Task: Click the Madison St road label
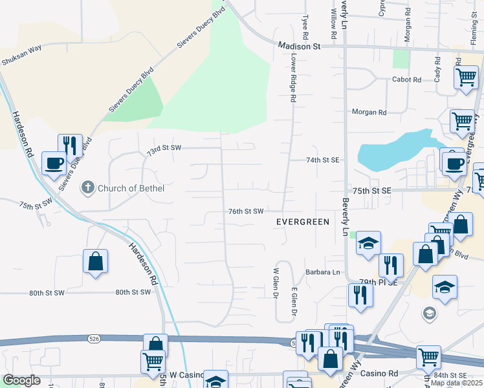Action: point(300,47)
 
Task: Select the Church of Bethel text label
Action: point(131,189)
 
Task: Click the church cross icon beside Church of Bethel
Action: point(87,188)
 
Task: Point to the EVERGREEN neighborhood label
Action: point(303,221)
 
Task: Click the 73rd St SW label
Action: point(163,148)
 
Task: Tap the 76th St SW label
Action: point(246,211)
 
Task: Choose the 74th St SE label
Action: point(323,160)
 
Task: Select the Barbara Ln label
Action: point(323,272)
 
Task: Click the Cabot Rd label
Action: point(406,80)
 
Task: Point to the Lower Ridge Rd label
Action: point(293,77)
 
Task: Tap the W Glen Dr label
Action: point(276,283)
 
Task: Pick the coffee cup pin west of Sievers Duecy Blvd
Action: point(54,162)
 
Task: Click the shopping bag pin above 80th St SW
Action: point(95,261)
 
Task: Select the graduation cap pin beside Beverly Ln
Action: point(368,243)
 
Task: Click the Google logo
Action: point(21,380)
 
